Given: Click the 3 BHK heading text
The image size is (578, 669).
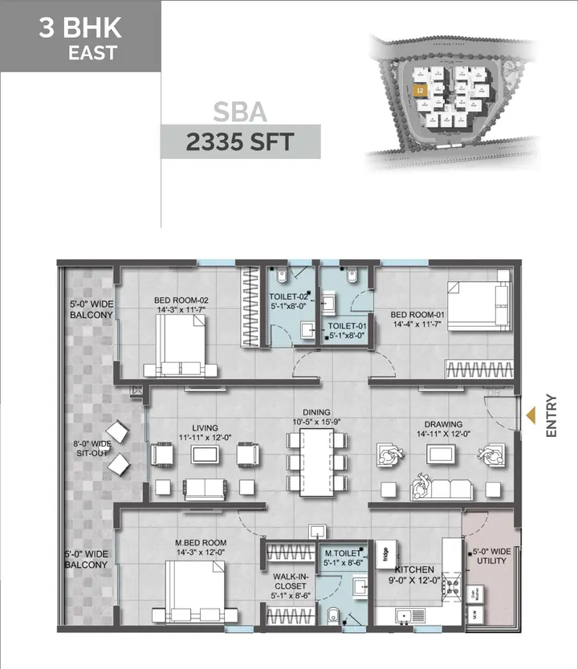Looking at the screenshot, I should coord(80,28).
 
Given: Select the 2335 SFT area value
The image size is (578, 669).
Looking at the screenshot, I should coord(240,143).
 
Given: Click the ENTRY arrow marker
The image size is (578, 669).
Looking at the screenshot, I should coord(531,415).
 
